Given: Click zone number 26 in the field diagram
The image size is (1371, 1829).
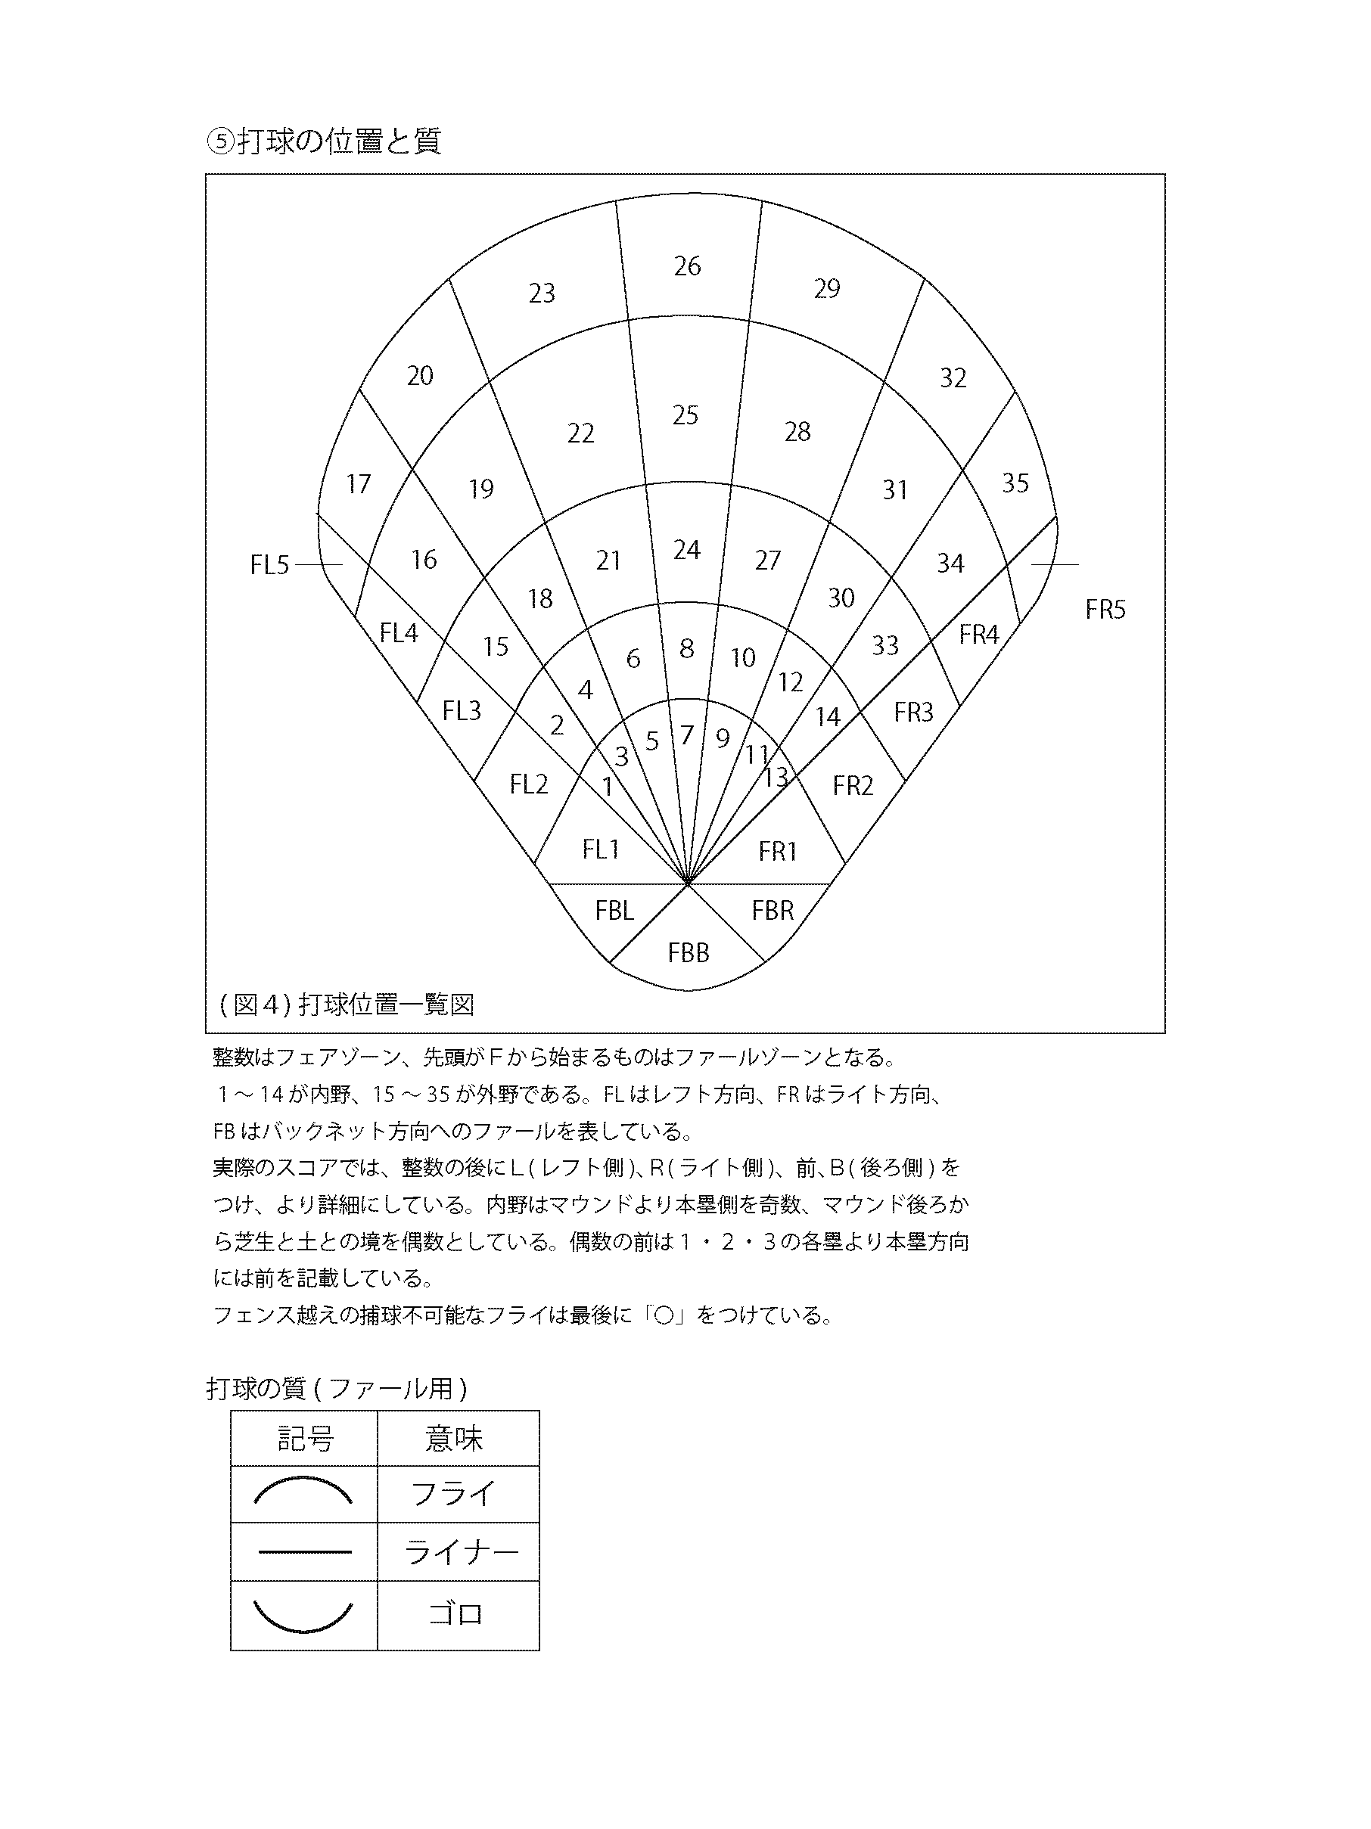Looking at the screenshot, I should (687, 266).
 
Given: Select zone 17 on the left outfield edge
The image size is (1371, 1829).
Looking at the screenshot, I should (358, 483).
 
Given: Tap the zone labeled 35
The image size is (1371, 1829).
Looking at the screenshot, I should (1015, 483).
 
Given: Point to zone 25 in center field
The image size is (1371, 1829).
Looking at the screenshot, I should (685, 415).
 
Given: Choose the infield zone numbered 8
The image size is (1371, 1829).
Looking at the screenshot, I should (686, 649).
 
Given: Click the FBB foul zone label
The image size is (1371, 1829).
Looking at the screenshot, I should (688, 953).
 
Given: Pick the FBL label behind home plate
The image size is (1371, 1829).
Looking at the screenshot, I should (614, 911).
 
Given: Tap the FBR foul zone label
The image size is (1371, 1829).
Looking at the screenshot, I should (773, 911).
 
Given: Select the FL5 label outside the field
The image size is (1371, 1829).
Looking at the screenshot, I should (269, 566).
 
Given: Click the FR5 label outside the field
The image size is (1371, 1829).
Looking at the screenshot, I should (1105, 610).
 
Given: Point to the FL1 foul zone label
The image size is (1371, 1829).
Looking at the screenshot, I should (602, 849).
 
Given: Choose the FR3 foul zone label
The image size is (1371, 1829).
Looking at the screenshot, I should (913, 713).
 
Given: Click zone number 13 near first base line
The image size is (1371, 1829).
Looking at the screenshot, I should (776, 778).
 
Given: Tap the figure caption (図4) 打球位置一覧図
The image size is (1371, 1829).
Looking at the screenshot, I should (347, 1005).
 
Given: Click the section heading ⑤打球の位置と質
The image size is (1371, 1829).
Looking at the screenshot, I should (323, 141).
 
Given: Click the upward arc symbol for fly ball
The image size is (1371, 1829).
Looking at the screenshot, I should (303, 1492).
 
